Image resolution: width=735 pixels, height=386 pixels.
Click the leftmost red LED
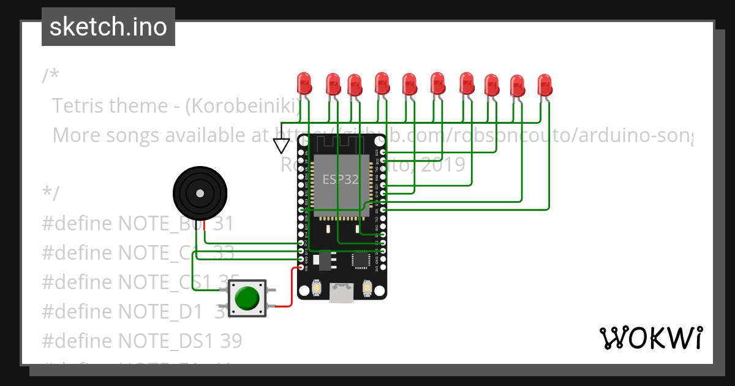[303, 83]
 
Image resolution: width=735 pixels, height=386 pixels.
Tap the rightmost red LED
[545, 85]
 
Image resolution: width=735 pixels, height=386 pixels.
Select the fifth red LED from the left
[409, 84]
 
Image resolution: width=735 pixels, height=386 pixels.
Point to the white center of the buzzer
[200, 194]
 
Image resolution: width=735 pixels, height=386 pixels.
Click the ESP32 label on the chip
[341, 180]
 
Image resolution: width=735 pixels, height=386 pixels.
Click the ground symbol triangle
[281, 146]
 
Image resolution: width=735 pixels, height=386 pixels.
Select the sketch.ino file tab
[108, 27]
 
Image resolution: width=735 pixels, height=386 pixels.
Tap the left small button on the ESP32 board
[317, 287]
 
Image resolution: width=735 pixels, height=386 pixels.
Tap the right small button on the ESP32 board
[367, 287]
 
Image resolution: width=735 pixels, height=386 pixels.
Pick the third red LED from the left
[354, 85]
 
